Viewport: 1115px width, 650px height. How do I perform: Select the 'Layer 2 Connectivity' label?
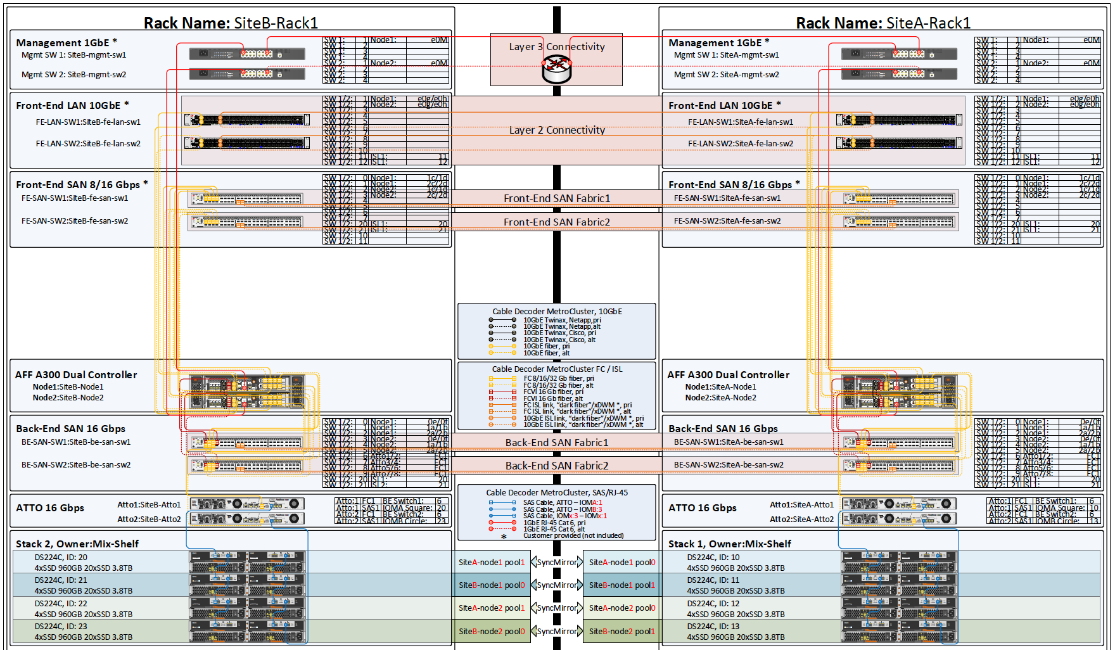coord(557,130)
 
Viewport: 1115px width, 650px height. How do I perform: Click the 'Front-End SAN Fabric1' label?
coord(557,198)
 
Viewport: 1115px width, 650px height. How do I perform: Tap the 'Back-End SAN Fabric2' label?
coord(557,466)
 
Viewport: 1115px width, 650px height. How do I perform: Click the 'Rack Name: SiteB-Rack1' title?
coord(231,23)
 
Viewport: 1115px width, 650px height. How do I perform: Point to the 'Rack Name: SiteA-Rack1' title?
coord(883,23)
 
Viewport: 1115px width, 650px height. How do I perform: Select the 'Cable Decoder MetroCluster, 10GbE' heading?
coord(557,311)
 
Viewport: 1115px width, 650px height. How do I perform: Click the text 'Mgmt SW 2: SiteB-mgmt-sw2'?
coord(73,75)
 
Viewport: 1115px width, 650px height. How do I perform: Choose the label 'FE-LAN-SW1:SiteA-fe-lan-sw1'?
coord(740,122)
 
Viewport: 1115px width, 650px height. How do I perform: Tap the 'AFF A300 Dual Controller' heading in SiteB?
coord(76,375)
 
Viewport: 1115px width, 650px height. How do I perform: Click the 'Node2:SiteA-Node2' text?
coord(720,398)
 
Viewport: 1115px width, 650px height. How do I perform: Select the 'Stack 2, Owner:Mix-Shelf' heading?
coord(77,544)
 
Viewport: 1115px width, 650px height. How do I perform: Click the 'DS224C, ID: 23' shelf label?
coord(61,626)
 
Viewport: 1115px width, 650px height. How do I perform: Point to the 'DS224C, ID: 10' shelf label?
coord(713,558)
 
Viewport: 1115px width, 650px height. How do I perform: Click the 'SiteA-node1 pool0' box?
coord(622,562)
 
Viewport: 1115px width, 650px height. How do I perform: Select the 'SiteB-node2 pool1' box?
coord(622,631)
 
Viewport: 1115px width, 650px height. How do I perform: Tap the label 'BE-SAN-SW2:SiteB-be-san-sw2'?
coord(76,465)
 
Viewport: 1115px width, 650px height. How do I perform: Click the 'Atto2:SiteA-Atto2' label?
coord(801,519)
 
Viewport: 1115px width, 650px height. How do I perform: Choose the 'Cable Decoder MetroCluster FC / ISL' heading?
coord(557,369)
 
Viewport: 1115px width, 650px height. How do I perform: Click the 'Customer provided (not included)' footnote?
coord(573,535)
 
